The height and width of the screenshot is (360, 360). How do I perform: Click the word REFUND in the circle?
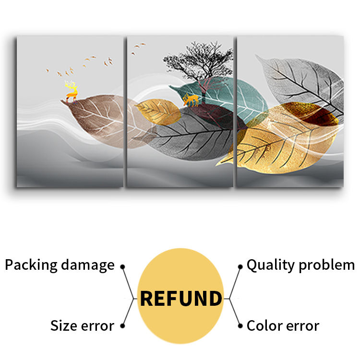pos(180,298)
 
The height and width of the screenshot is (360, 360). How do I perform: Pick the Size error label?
pos(82,326)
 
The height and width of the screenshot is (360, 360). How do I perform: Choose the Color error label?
pos(283,326)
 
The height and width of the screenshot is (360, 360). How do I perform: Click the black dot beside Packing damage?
pos(122,266)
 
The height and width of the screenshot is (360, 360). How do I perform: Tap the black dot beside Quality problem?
pos(240,266)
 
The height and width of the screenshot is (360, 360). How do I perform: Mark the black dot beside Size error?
pos(122,326)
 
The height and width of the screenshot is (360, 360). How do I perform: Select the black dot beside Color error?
pos(240,326)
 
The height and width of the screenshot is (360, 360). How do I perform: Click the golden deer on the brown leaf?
pos(72,91)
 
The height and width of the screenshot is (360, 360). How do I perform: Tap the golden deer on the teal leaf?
pos(191,100)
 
